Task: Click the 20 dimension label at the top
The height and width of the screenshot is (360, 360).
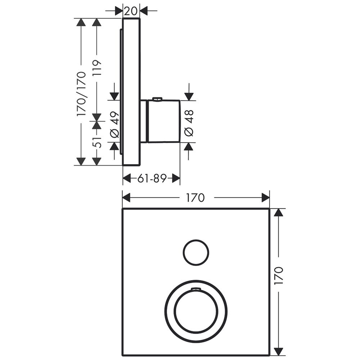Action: point(131,10)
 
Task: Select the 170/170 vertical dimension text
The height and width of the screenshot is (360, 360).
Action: point(81,94)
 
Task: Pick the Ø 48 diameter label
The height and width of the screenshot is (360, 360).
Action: point(189,123)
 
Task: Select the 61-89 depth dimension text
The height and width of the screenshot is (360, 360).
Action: point(152,178)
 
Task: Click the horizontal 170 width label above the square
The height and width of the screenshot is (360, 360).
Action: point(195,198)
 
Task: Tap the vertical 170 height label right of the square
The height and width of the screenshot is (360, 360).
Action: point(279,275)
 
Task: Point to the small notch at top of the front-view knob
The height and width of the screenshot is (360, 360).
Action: point(196,289)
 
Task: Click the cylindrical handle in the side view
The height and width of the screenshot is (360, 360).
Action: point(163,121)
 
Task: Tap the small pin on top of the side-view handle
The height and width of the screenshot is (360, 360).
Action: point(157,99)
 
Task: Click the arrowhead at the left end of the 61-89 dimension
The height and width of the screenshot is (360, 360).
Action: point(127,178)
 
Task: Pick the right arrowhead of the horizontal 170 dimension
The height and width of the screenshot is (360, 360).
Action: point(265,198)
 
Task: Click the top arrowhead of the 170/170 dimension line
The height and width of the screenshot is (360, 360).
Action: point(81,22)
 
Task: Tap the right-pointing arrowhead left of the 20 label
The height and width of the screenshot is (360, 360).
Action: point(118,10)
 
